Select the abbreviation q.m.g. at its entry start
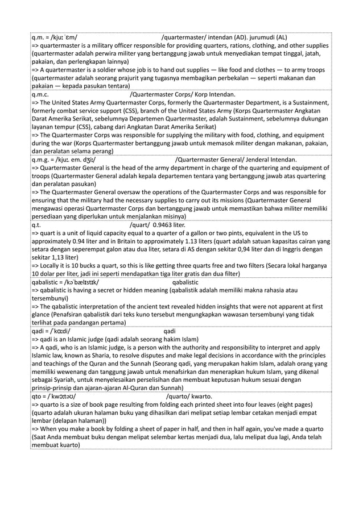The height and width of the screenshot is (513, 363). (41, 160)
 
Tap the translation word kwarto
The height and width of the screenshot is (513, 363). (201, 396)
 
